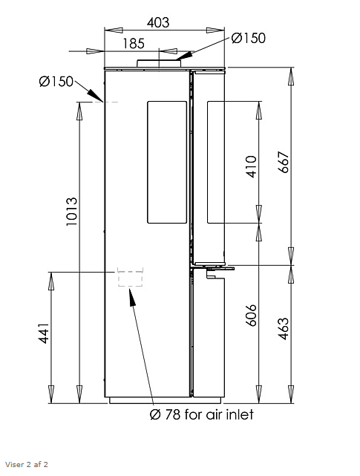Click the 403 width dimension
[x=158, y=22]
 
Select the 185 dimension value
[x=134, y=44]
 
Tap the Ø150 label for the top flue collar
[x=248, y=38]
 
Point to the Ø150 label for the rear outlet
[x=56, y=82]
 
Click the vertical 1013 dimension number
[x=72, y=212]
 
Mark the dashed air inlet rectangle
[x=130, y=278]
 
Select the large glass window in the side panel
[x=166, y=162]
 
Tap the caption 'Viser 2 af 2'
[x=25, y=465]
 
